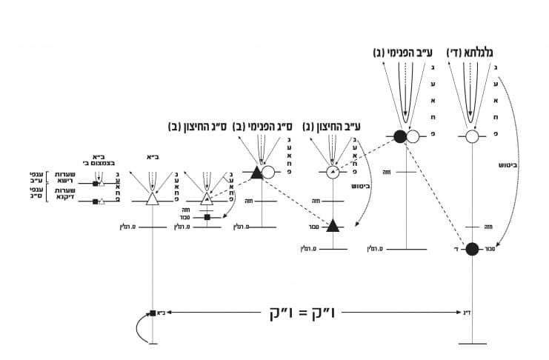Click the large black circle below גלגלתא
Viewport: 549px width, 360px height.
coord(473,248)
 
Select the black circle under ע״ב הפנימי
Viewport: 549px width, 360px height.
coord(400,136)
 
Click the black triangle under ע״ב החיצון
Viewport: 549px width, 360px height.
coord(335,224)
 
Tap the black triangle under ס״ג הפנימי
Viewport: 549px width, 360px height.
coord(256,173)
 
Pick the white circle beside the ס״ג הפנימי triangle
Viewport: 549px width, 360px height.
coord(269,173)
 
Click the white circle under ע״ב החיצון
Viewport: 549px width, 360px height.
coord(333,173)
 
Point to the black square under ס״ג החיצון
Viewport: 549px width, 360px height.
coord(207,217)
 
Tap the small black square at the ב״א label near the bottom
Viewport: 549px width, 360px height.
coord(151,313)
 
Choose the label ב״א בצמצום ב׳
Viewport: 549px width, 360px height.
coord(96,160)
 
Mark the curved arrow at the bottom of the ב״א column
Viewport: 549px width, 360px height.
coord(139,329)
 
